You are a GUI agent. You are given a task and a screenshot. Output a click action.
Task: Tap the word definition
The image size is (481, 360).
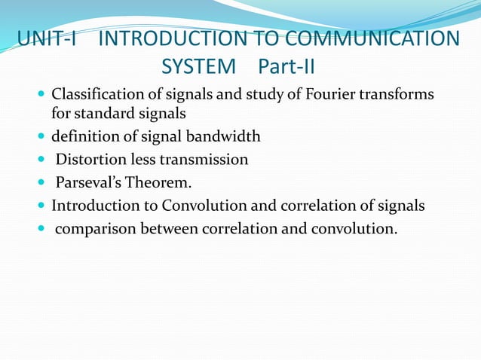pos(84,137)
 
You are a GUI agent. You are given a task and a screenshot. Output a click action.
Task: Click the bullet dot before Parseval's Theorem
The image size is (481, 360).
pos(41,182)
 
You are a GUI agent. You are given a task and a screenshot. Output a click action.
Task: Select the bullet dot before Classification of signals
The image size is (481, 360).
pos(41,97)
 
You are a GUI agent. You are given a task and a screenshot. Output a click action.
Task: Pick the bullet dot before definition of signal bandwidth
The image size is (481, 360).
pos(41,137)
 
